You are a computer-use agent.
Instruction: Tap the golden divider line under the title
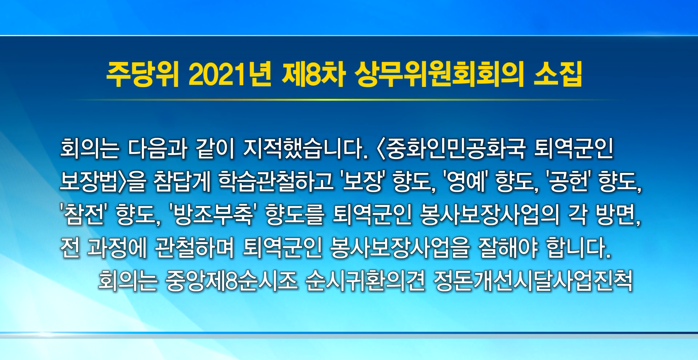pos(349,100)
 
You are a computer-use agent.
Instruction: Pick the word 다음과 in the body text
pos(158,149)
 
